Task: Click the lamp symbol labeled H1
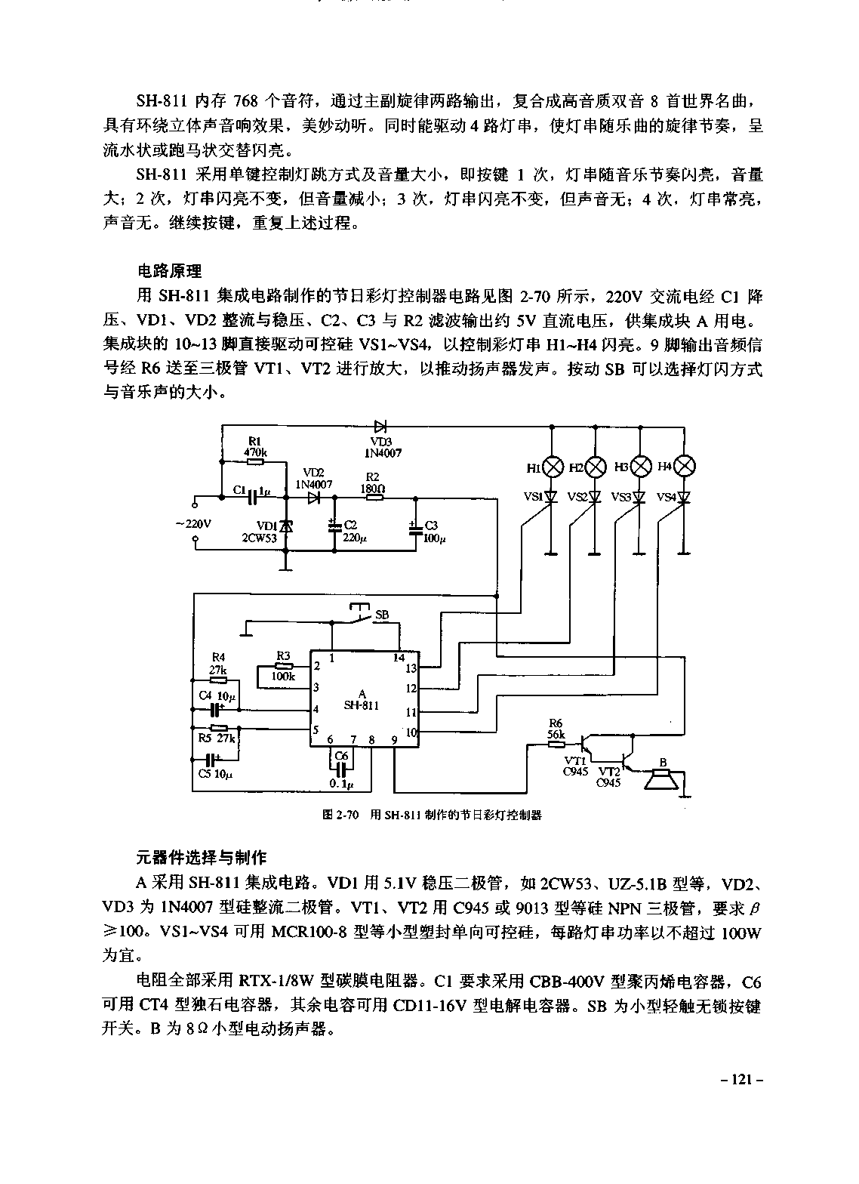pyautogui.click(x=553, y=467)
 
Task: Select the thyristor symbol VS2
pyautogui.click(x=596, y=497)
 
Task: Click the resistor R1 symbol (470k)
pyautogui.click(x=255, y=461)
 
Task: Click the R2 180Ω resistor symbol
pyautogui.click(x=372, y=498)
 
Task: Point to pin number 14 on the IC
pyautogui.click(x=399, y=658)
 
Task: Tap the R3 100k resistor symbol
pyautogui.click(x=283, y=666)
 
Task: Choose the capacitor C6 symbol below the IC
pyautogui.click(x=342, y=767)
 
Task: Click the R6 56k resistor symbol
pyautogui.click(x=557, y=743)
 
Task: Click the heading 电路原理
pyautogui.click(x=170, y=270)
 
